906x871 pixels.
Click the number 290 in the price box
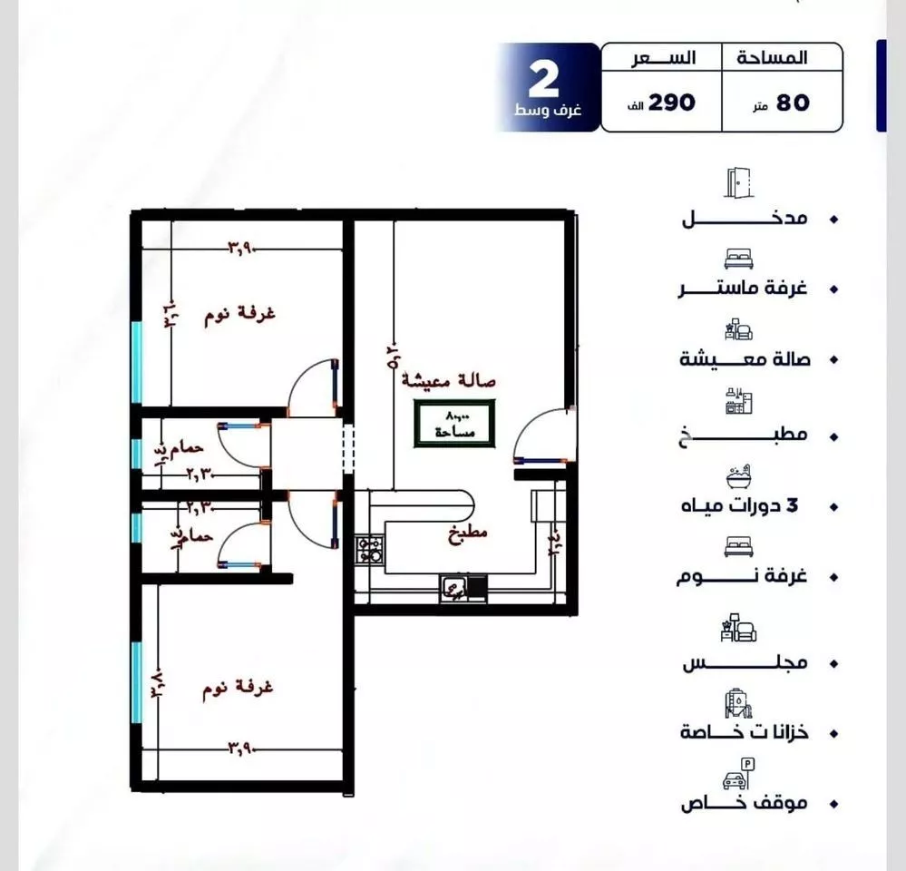tap(672, 102)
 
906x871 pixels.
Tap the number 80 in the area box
tap(793, 103)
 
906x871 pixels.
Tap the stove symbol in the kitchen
tap(370, 550)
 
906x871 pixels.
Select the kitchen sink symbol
tap(453, 589)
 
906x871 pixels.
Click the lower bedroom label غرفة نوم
tap(239, 688)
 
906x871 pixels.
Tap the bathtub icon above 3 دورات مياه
tap(737, 476)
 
